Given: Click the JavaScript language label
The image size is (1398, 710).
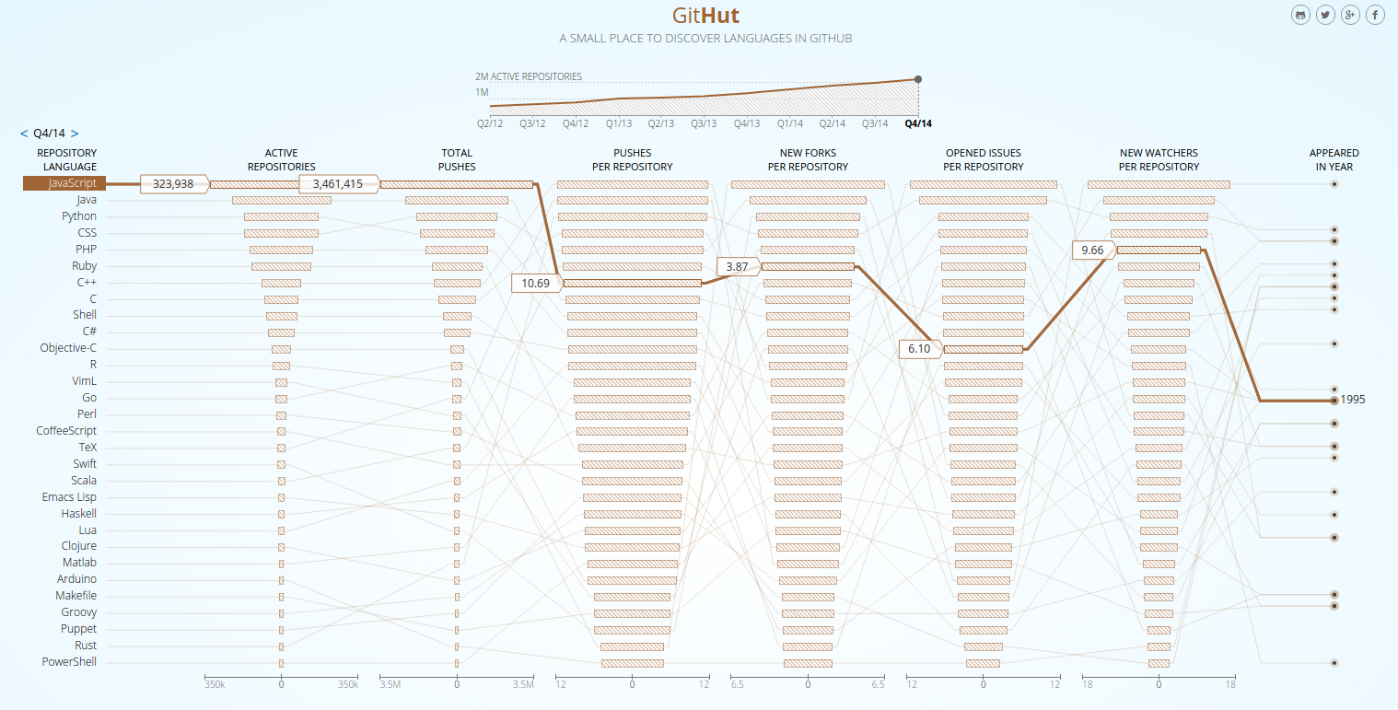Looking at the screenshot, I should (74, 183).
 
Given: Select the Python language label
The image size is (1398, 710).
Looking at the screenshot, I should (79, 216).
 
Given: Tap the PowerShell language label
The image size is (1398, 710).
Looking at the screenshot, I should (69, 662).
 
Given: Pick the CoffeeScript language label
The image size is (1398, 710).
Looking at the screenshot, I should (66, 431).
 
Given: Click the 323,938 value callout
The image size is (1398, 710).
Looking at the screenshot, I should (173, 184).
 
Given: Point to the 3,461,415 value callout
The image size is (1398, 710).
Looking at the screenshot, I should (338, 184).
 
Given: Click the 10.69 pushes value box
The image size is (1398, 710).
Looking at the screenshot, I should (535, 283).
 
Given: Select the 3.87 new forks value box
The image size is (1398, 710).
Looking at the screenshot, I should (737, 266).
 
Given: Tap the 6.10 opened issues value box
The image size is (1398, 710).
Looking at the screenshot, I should (919, 349).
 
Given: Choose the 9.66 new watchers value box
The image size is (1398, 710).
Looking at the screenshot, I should (1092, 250).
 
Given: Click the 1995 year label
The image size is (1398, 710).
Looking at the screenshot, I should (1353, 400).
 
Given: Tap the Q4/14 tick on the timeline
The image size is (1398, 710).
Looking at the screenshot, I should (917, 123).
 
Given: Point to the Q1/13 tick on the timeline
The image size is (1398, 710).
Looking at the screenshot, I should (618, 123).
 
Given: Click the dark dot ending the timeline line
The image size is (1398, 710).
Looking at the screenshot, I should (918, 79).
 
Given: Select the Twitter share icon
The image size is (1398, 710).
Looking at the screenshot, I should (1325, 15).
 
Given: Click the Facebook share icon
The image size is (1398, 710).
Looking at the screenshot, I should (1375, 15).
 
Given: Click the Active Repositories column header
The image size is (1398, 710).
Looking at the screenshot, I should (281, 159).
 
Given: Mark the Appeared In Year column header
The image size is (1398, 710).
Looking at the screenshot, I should (1334, 159).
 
